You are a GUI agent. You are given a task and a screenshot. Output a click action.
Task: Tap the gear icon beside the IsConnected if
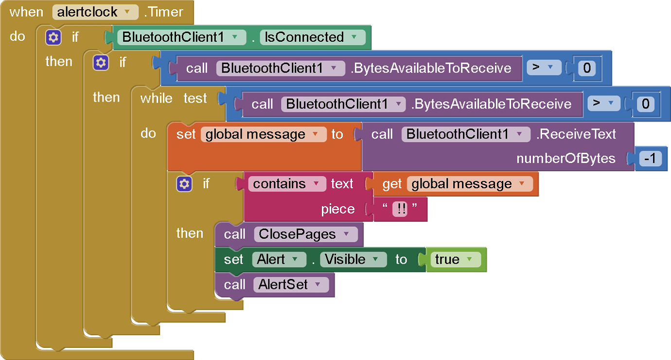pyautogui.click(x=53, y=37)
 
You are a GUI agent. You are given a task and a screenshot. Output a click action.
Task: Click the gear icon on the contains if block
pyautogui.click(x=184, y=184)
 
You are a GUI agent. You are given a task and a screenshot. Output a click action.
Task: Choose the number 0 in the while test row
pyautogui.click(x=645, y=104)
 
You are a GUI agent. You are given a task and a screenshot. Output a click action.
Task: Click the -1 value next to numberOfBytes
pyautogui.click(x=650, y=159)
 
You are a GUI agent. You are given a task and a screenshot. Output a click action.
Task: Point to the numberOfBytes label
pyautogui.click(x=565, y=159)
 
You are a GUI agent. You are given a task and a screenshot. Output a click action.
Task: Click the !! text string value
pyautogui.click(x=399, y=209)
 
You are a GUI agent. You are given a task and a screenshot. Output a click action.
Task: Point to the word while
pyautogui.click(x=156, y=98)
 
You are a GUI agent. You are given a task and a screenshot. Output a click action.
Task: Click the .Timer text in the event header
pyautogui.click(x=166, y=12)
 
